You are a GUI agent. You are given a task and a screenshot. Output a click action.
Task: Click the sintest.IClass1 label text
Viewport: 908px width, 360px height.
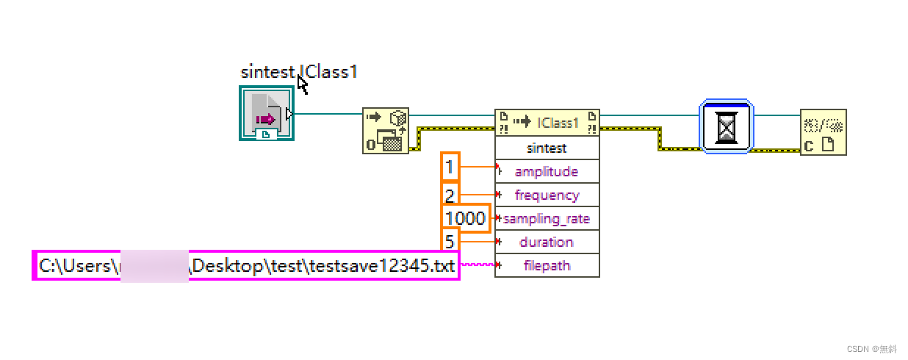[299, 72]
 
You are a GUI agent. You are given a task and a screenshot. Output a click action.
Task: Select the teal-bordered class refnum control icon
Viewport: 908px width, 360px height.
[267, 112]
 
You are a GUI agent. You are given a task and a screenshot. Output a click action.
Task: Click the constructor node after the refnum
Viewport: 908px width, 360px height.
[386, 131]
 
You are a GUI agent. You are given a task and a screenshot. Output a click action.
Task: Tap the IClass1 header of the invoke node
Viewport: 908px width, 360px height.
[547, 123]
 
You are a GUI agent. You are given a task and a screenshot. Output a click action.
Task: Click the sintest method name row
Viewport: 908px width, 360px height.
[547, 148]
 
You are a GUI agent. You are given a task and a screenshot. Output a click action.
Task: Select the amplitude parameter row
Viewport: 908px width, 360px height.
[547, 171]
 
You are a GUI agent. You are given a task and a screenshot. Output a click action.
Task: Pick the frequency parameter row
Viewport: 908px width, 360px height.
[547, 195]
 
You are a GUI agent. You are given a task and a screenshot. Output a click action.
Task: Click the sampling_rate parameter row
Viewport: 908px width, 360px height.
[547, 218]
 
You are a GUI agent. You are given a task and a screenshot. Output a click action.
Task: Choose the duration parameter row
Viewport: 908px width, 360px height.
[547, 242]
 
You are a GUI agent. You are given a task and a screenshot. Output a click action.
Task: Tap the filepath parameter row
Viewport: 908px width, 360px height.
[547, 265]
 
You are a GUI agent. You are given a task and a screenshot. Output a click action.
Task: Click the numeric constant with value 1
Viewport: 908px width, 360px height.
[449, 167]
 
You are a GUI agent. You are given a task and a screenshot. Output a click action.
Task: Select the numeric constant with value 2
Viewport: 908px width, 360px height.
[449, 195]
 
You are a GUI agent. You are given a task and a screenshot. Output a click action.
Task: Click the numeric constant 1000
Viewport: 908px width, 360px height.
[465, 218]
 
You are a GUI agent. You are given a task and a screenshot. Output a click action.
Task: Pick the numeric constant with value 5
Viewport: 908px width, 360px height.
[449, 240]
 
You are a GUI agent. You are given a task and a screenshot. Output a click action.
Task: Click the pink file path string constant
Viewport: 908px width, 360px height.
[246, 265]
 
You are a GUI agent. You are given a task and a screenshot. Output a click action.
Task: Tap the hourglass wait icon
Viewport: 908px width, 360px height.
[726, 126]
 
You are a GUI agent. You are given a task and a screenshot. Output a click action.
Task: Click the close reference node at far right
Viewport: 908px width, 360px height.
[824, 132]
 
